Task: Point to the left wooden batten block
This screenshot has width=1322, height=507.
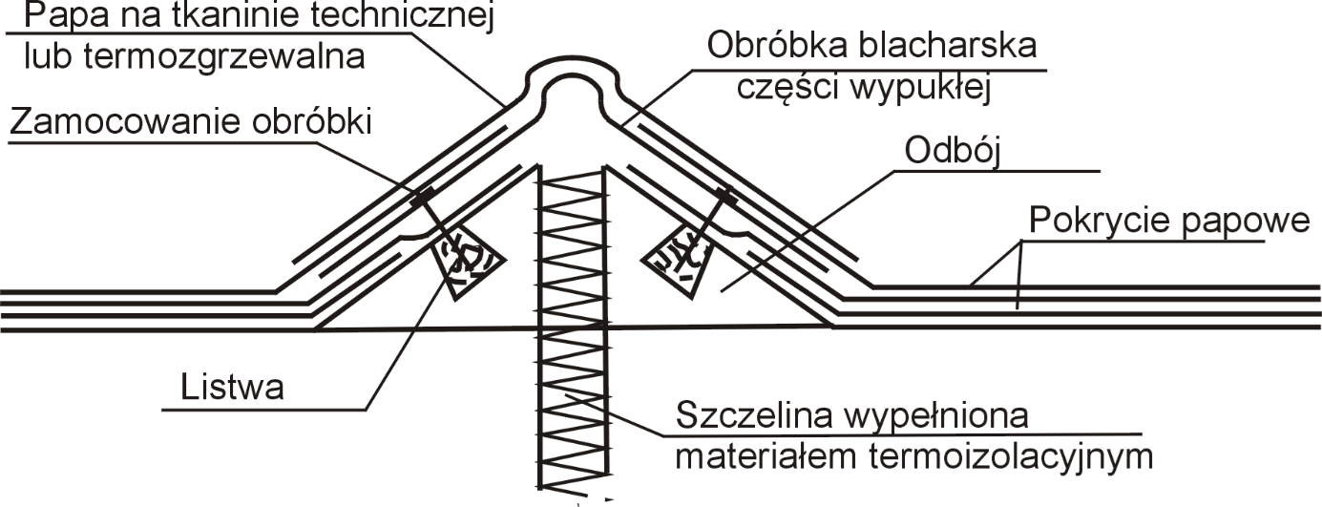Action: pyautogui.click(x=465, y=263)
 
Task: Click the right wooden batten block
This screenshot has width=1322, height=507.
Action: pyautogui.click(x=679, y=259)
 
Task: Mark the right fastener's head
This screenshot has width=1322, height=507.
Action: pyautogui.click(x=726, y=195)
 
